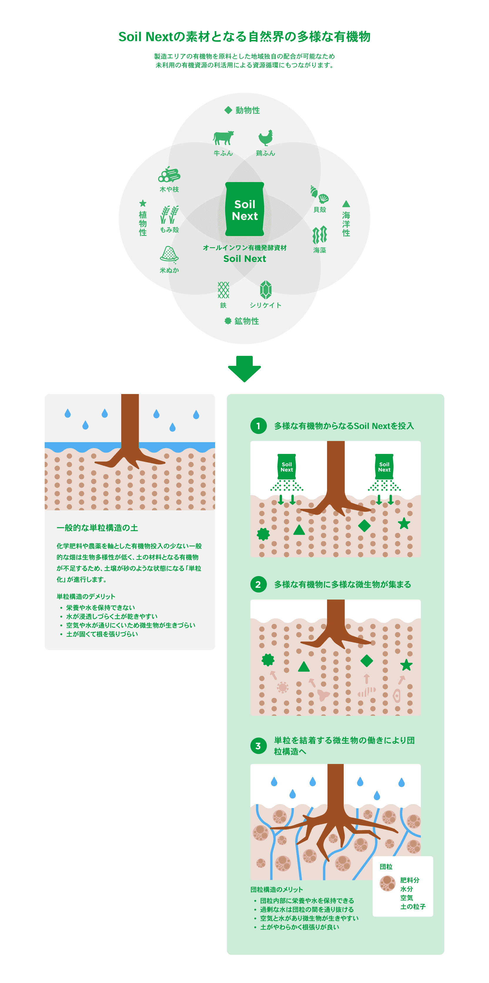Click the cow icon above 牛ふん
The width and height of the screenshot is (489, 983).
223,138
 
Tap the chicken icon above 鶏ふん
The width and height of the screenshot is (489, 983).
266,138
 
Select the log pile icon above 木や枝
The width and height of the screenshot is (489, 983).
169,174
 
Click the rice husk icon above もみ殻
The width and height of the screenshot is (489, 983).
169,214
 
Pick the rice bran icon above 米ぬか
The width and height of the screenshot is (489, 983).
169,255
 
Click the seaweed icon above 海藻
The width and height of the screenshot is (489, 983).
320,235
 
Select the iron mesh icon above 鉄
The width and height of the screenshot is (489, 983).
223,290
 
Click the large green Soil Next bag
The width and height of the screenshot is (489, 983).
244,209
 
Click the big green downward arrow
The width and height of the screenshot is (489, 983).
244,369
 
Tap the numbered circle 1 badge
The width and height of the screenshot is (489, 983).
258,426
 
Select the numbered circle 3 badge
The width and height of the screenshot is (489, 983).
258,746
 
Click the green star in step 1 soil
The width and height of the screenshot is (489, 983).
404,524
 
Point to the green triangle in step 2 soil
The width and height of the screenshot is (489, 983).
304,667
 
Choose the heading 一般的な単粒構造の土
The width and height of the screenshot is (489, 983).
98,528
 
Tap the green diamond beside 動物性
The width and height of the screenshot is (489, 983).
228,110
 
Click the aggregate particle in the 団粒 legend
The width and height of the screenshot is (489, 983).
387,883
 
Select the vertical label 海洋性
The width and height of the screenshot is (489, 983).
346,224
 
